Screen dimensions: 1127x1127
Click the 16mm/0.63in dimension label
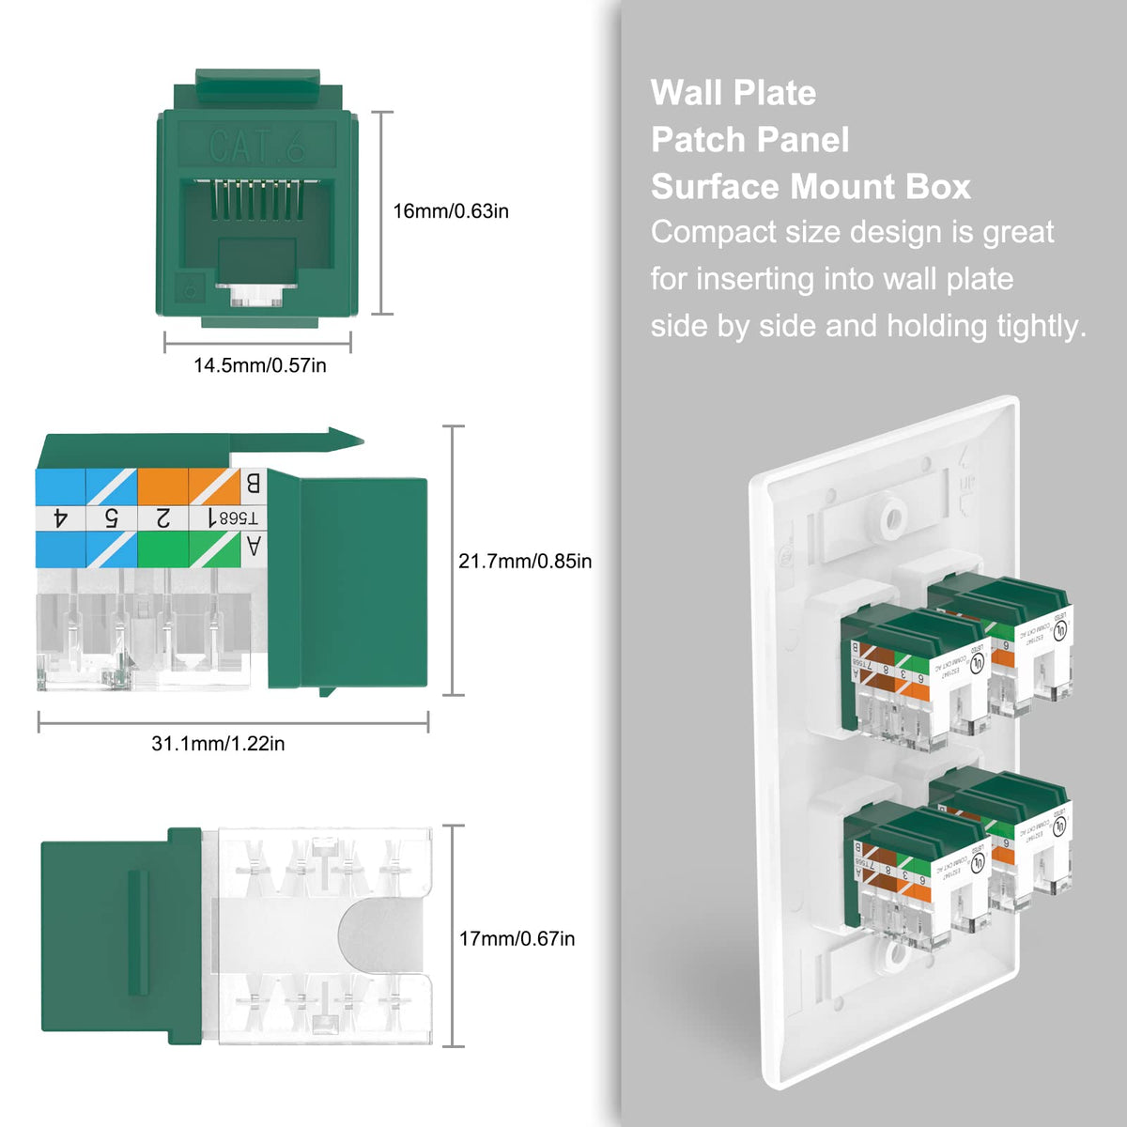451,211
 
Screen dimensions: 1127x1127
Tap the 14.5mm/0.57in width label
260,365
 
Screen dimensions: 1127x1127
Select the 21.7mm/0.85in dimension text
525,562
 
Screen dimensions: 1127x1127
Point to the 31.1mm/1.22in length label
218,744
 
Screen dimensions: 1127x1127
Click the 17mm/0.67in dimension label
517,938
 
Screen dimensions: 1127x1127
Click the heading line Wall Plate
733,93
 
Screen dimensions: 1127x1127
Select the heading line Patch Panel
749,140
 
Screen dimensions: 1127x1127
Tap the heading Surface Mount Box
811,187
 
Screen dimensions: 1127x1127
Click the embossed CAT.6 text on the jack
256,147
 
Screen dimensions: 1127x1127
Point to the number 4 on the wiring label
61,517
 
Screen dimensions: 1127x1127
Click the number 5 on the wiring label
111,517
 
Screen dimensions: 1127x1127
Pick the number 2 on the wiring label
162,517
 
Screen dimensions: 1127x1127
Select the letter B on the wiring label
252,484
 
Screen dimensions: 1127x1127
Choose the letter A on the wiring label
252,546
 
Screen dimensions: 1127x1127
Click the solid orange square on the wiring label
162,485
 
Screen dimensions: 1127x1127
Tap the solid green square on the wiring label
162,548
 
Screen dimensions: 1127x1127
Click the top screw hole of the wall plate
888,515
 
